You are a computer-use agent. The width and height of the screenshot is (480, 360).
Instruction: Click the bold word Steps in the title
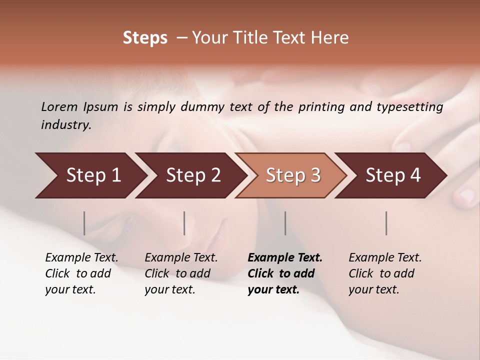[x=145, y=38]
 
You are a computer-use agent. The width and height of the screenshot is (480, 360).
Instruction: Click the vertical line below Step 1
[x=84, y=223]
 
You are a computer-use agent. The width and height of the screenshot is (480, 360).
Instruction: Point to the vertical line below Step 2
[x=184, y=223]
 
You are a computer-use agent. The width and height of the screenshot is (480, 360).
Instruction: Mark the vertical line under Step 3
[x=285, y=223]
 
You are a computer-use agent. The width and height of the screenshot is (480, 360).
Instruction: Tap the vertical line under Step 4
[x=386, y=223]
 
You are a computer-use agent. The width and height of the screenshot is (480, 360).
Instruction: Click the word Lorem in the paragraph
[x=59, y=107]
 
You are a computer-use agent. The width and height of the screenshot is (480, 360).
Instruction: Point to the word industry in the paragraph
[x=66, y=125]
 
